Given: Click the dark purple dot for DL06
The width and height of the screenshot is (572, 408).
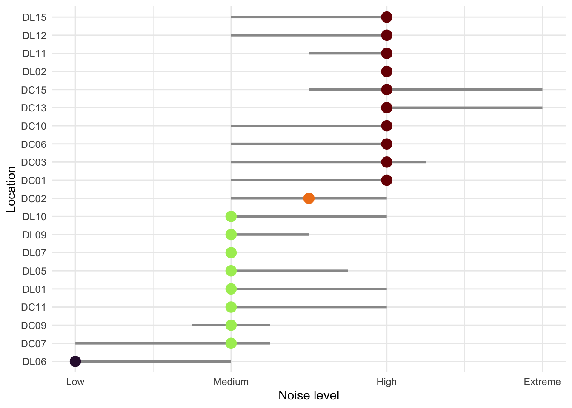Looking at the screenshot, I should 75,362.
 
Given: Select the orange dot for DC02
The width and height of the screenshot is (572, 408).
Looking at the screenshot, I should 309,198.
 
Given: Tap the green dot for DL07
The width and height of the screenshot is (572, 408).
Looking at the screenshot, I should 231,253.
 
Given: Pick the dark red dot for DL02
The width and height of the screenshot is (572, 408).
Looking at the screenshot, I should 386,71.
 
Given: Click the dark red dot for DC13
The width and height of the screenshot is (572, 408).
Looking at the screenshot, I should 386,108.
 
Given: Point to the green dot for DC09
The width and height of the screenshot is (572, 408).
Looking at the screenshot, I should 231,326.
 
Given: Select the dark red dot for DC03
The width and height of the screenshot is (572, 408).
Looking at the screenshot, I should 386,162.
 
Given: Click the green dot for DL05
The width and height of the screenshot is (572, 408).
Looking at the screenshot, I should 231,271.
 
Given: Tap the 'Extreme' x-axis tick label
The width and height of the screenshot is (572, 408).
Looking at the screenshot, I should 542,382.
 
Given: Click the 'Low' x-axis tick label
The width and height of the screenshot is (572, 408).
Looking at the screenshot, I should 75,382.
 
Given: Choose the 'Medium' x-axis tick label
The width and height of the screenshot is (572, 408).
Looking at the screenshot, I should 231,382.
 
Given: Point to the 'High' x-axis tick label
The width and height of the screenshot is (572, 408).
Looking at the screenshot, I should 386,382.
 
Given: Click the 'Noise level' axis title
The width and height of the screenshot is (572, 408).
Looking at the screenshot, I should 309,396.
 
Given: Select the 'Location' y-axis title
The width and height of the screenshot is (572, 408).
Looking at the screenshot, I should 11,190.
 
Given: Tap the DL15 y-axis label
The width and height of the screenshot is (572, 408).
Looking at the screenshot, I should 34,17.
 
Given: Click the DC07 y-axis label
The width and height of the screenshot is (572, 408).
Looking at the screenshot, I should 34,343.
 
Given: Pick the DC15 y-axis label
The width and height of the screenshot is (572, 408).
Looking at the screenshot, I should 34,90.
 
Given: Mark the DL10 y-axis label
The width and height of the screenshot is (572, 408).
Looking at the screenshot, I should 34,217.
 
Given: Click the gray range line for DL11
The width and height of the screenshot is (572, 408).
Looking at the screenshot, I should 345,54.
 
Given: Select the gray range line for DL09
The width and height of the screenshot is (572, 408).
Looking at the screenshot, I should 272,235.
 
